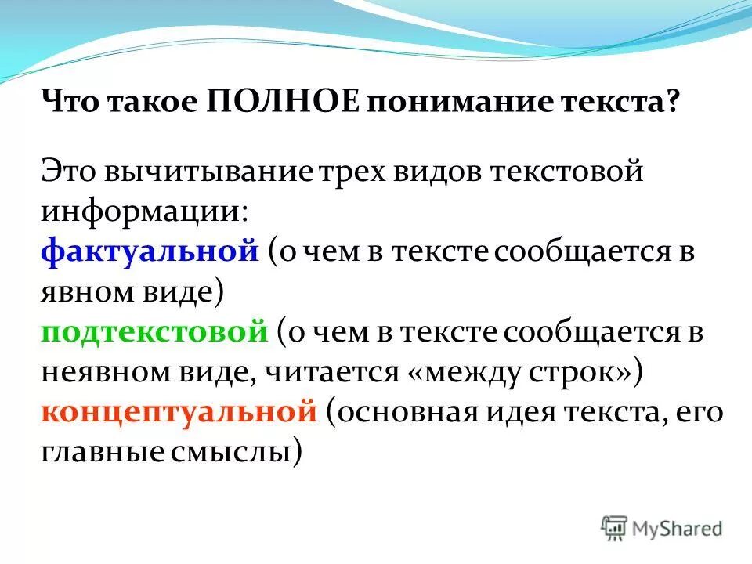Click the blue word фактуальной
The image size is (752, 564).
tap(150, 252)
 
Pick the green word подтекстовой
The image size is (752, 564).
tap(155, 332)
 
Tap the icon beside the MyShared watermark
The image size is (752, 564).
tap(615, 527)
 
